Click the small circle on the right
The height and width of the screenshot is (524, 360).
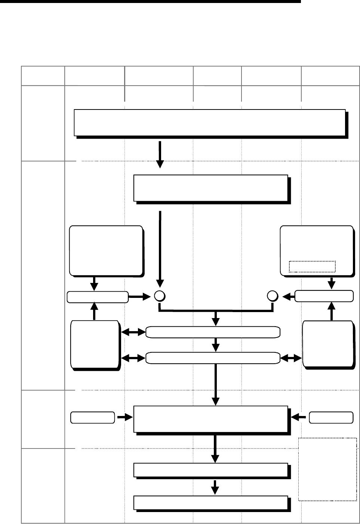(x=273, y=296)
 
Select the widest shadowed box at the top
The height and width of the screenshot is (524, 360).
(x=209, y=122)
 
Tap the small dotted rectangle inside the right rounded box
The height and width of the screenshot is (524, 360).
(x=313, y=266)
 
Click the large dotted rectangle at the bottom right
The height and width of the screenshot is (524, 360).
(x=327, y=469)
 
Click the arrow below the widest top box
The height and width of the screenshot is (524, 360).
(x=160, y=154)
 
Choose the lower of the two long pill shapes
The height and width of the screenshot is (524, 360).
(x=213, y=358)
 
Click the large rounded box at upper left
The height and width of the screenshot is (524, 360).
(x=106, y=250)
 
